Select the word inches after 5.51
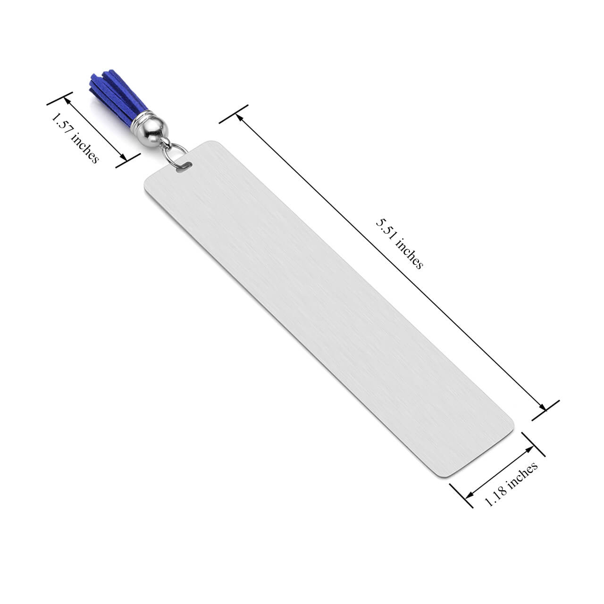[409, 253]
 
